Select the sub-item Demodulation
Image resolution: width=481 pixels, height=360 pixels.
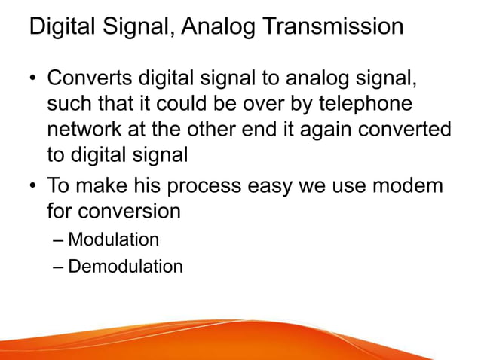(x=125, y=266)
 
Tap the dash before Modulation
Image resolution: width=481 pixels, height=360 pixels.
(x=60, y=240)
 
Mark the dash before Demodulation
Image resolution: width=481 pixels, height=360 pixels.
(x=60, y=267)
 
